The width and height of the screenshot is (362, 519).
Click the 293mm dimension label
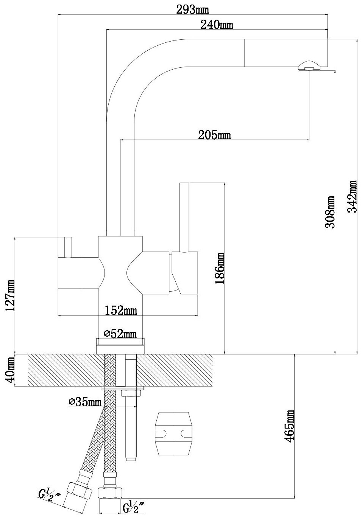(x=192, y=10)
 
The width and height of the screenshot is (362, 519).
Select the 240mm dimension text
(x=217, y=25)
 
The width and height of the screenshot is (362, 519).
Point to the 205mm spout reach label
(x=214, y=135)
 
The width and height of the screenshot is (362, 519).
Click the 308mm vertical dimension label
(x=330, y=212)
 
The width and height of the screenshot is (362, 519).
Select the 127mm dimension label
(x=10, y=296)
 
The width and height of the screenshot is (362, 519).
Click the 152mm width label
(x=121, y=311)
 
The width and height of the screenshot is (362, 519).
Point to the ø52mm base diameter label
(x=120, y=334)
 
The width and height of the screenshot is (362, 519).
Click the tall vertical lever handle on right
(x=185, y=218)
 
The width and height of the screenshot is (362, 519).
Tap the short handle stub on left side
(x=68, y=247)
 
